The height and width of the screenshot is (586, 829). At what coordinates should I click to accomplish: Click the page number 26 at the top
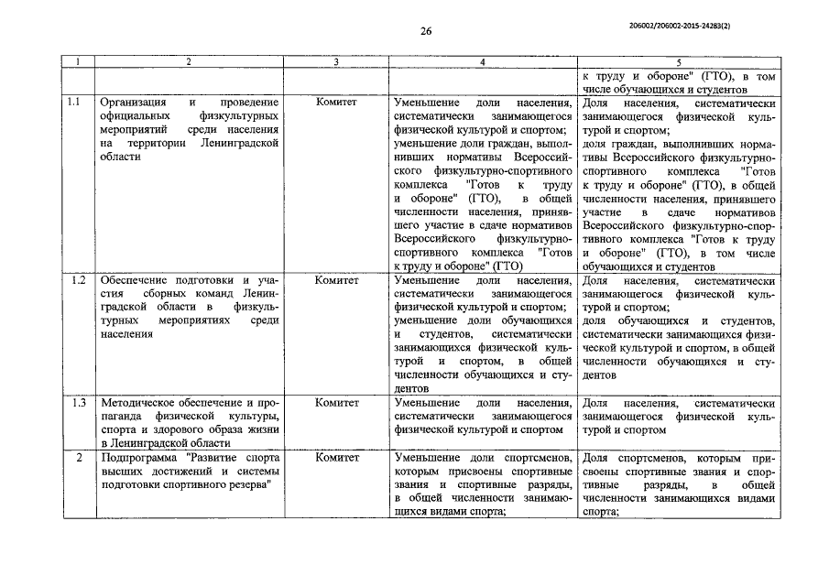[x=426, y=30]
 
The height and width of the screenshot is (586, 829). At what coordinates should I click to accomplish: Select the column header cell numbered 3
[x=336, y=61]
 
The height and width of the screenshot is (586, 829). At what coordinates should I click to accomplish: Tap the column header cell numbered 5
[x=677, y=61]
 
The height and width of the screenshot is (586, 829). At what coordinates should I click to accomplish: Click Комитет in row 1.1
[x=336, y=103]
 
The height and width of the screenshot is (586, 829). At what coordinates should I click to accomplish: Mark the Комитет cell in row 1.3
[x=336, y=403]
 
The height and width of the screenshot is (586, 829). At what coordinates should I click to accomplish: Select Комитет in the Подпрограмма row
[x=336, y=457]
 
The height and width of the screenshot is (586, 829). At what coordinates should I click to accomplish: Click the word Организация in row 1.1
[x=136, y=103]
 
